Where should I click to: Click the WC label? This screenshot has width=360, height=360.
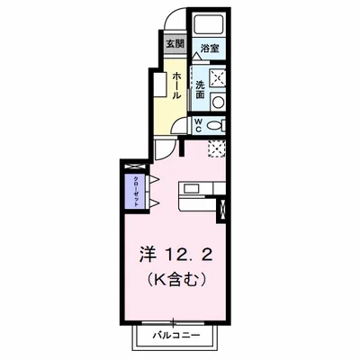click(x=198, y=125)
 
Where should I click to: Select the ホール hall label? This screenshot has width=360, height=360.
click(x=177, y=82)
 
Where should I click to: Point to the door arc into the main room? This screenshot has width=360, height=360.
click(x=164, y=148)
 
